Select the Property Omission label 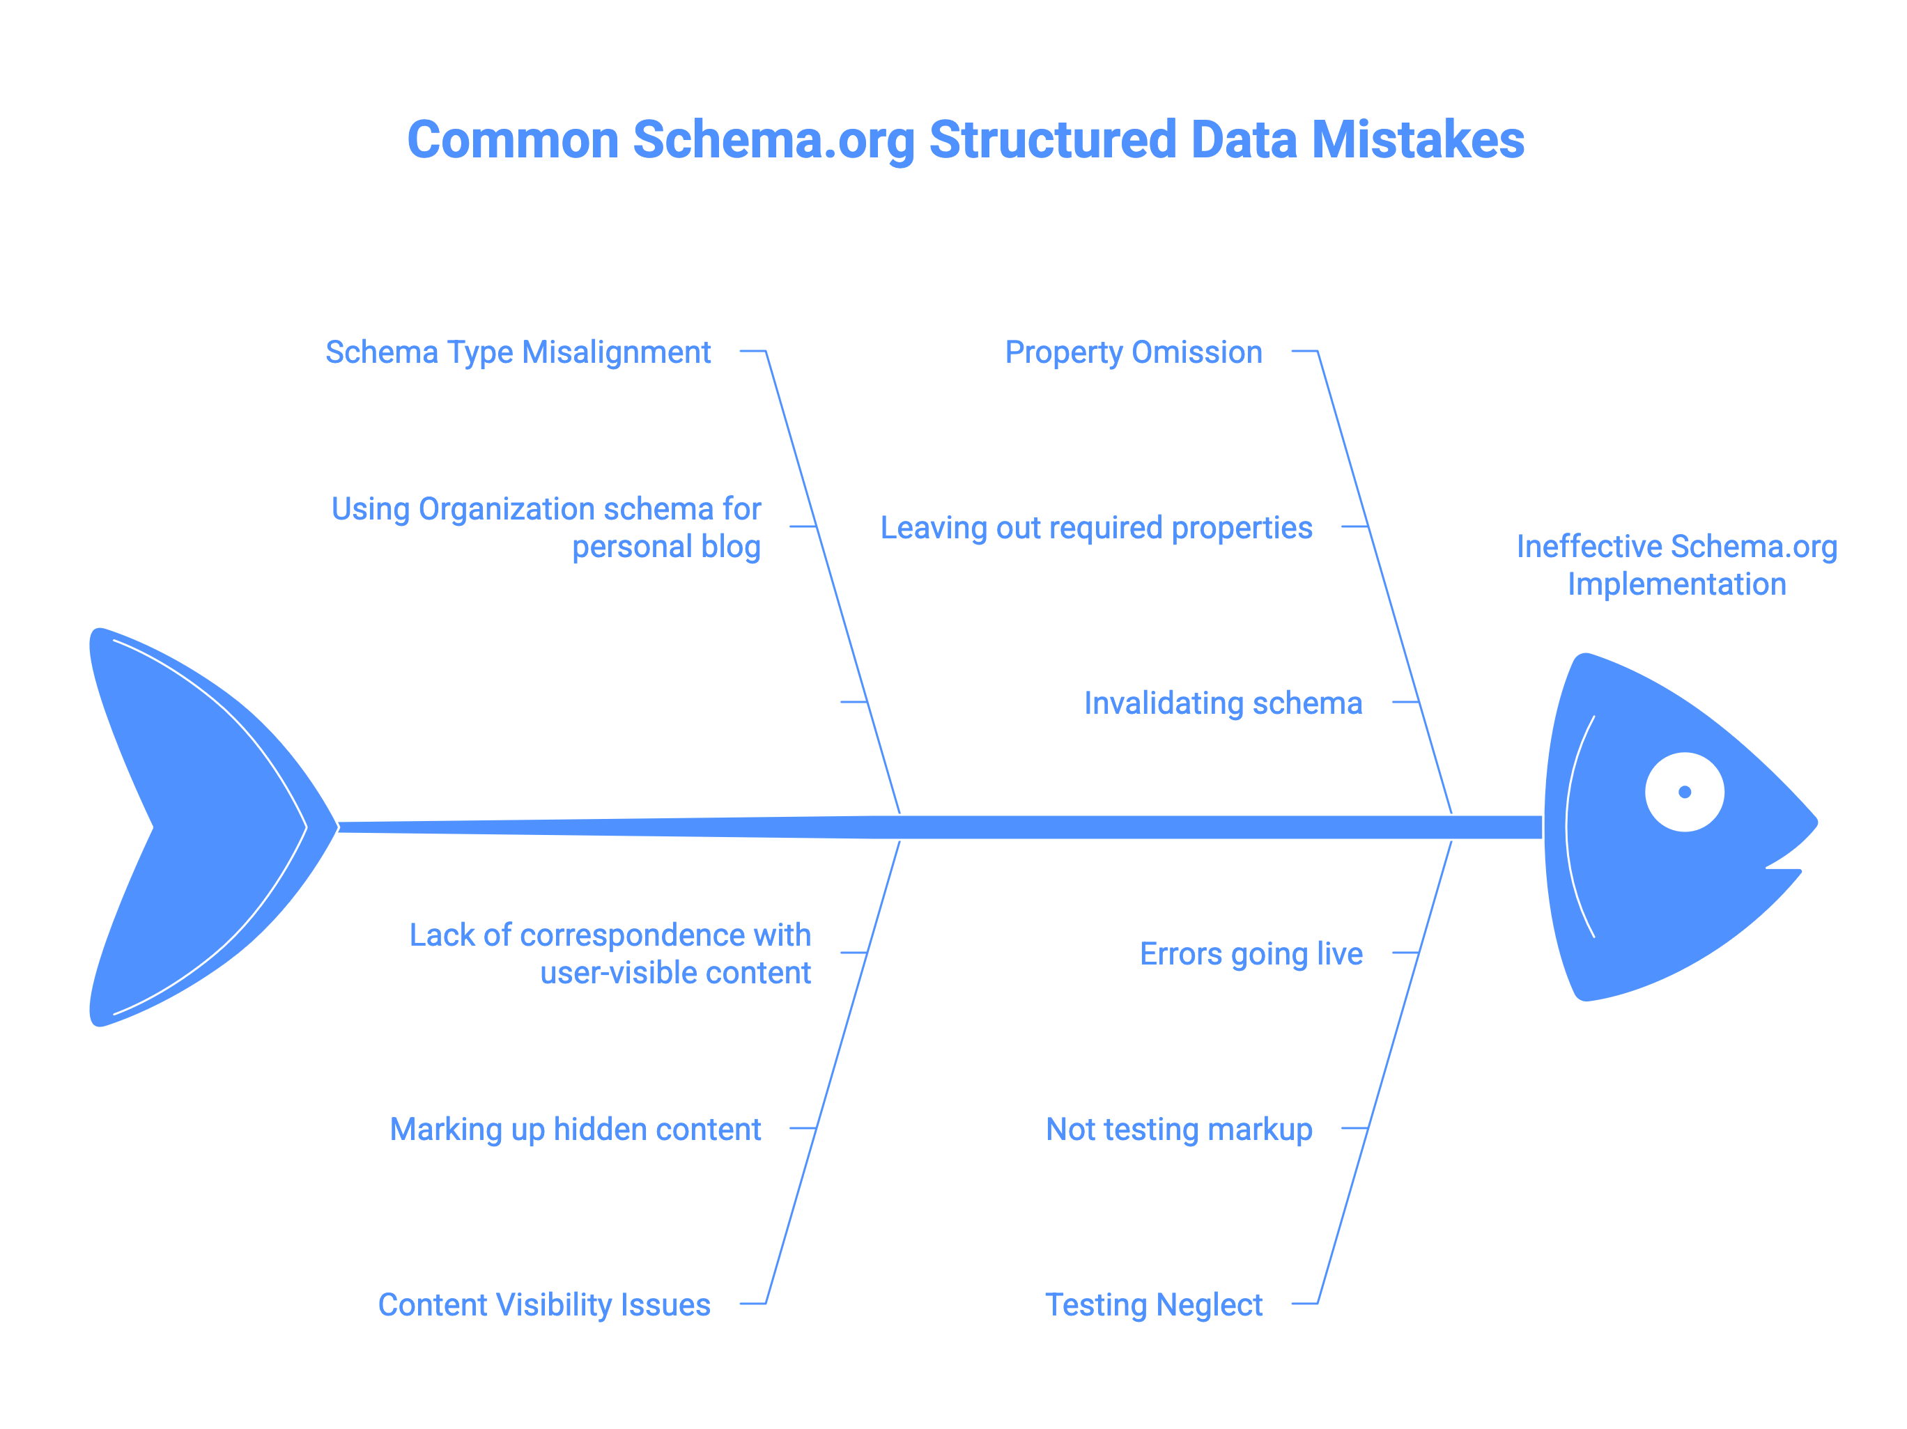tap(1133, 352)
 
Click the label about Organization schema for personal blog tap(546, 527)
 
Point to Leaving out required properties tap(1096, 527)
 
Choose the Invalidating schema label tap(1223, 703)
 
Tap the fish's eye tap(1684, 792)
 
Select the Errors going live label tap(1250, 954)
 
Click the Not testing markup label tap(1178, 1129)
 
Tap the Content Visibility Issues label tap(544, 1305)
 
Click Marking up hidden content tap(575, 1129)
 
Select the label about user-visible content tap(610, 954)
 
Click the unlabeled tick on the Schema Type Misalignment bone tap(853, 701)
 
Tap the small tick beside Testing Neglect tap(1304, 1303)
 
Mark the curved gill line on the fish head tap(1569, 827)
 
